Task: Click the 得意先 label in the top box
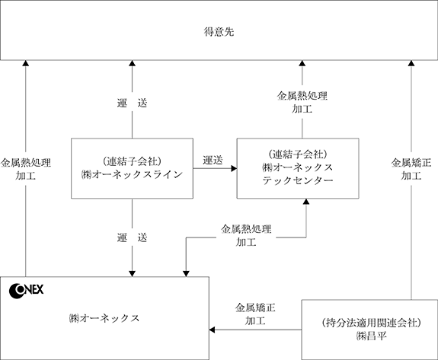click(219, 32)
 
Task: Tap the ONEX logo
click(26, 291)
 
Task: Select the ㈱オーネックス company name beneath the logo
click(104, 318)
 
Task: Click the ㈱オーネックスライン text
click(132, 175)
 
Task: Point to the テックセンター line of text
click(298, 180)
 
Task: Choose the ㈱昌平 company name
click(372, 336)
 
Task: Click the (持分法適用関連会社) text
click(371, 323)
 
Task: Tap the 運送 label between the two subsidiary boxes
click(213, 160)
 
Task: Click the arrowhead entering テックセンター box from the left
click(234, 168)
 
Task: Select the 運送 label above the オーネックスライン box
click(132, 103)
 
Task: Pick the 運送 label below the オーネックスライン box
click(132, 237)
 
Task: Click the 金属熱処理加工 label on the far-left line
click(26, 169)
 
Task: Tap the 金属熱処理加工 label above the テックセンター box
click(302, 102)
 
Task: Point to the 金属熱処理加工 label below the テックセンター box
click(246, 235)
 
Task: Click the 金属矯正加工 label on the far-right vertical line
click(411, 169)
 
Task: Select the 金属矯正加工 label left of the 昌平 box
click(255, 314)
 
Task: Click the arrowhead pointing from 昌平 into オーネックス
click(213, 330)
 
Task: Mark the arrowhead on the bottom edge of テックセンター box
click(306, 202)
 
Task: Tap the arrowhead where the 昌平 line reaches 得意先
click(411, 63)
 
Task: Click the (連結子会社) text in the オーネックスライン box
click(132, 161)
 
